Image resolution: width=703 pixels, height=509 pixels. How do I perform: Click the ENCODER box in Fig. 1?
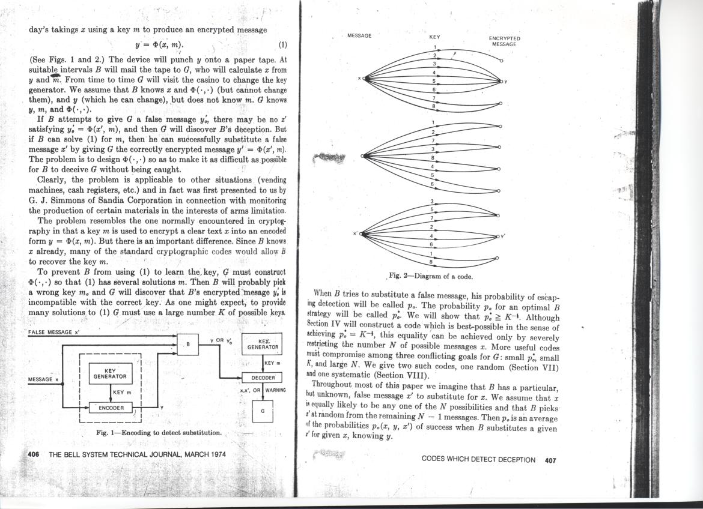tap(111, 408)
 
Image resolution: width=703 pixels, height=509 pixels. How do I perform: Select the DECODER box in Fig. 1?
tap(263, 378)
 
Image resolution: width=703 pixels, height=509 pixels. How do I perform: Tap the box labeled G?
tap(262, 411)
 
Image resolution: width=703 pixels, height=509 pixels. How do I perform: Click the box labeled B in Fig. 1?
tap(188, 344)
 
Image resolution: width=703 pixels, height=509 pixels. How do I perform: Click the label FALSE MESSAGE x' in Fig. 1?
tap(55, 332)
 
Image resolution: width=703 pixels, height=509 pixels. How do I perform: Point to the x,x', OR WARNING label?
tap(262, 390)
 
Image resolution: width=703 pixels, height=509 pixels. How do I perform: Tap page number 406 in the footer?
tap(34, 454)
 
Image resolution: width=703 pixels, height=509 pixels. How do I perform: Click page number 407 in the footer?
tap(550, 460)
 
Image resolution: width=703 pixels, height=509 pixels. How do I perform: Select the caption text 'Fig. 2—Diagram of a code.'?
tap(431, 276)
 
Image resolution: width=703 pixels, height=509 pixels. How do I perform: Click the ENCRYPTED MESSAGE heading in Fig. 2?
tap(505, 41)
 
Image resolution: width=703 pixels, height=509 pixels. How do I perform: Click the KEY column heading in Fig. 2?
tap(434, 37)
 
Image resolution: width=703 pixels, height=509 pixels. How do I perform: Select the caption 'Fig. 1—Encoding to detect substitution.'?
tap(159, 433)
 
